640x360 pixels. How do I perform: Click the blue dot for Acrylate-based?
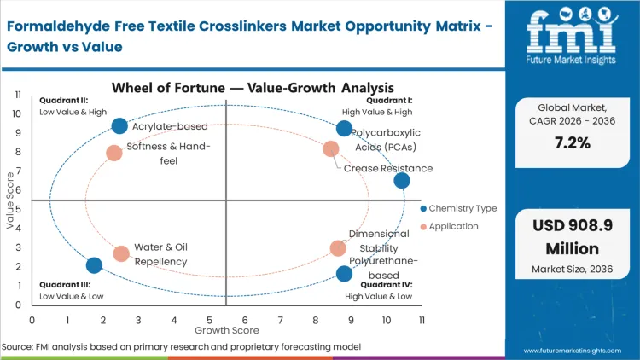pos(119,126)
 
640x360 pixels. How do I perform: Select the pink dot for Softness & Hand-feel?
pos(114,153)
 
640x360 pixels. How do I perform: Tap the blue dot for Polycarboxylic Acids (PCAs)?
pos(344,129)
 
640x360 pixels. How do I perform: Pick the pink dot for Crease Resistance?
pos(331,149)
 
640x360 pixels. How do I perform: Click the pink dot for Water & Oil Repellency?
pos(121,253)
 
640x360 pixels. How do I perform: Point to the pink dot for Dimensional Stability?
pos(339,248)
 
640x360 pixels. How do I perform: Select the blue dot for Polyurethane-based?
pos(344,274)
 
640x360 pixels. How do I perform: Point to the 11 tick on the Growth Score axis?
pos(421,320)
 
